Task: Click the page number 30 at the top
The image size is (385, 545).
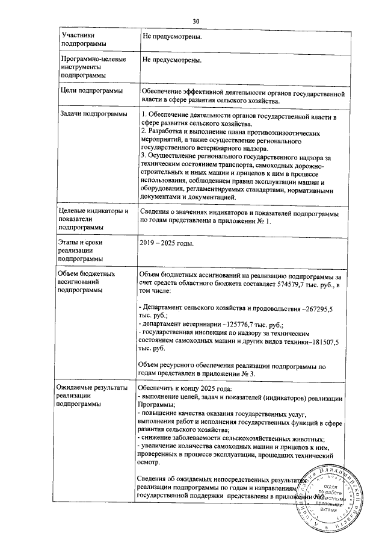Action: [x=196, y=22]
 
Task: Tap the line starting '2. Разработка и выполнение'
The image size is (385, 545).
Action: [x=234, y=131]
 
